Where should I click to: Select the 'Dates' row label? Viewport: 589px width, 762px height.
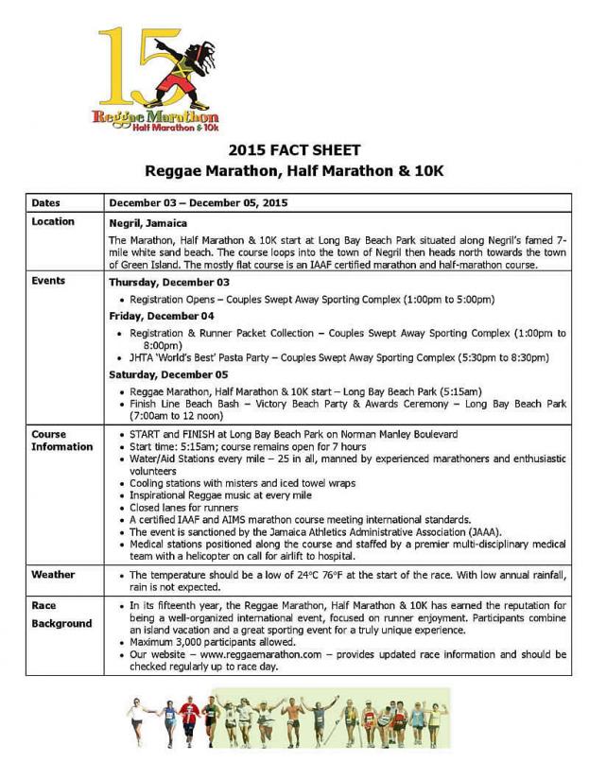pos(46,203)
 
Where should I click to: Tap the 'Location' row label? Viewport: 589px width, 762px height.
pos(53,222)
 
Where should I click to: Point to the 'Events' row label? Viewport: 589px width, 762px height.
pos(48,282)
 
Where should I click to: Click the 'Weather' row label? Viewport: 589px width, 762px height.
pos(53,575)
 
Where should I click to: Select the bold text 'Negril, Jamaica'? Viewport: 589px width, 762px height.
pos(150,224)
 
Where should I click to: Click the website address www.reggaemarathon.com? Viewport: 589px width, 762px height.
pos(258,654)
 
